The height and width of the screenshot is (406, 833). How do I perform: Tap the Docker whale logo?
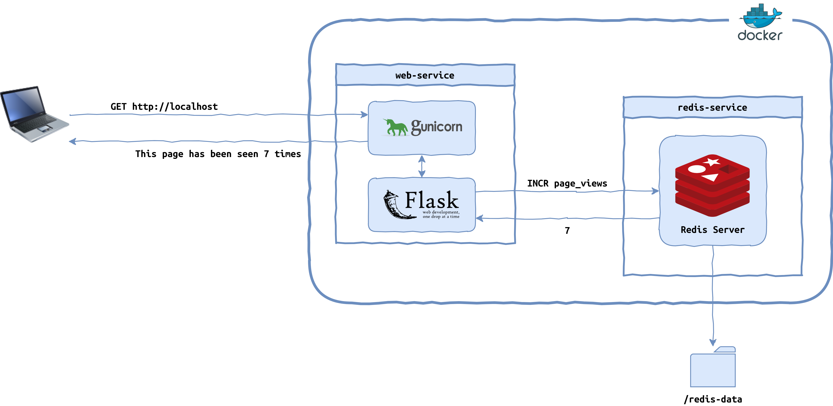[760, 16]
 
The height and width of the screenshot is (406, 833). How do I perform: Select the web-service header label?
[425, 75]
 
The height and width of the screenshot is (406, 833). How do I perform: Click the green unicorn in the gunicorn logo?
[395, 127]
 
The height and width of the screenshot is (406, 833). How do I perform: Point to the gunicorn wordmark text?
[437, 127]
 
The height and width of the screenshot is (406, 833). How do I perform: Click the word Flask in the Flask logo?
[432, 200]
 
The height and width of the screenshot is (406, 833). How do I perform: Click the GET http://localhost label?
[164, 107]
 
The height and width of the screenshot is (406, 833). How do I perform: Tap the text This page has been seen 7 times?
[218, 154]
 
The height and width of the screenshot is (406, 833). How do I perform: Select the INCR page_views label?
[567, 184]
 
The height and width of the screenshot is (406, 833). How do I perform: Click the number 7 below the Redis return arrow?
[567, 230]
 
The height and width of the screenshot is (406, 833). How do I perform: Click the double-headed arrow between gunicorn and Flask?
[422, 166]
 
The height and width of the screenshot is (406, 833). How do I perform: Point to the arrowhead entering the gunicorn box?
[364, 114]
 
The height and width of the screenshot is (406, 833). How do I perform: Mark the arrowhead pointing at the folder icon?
[713, 342]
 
